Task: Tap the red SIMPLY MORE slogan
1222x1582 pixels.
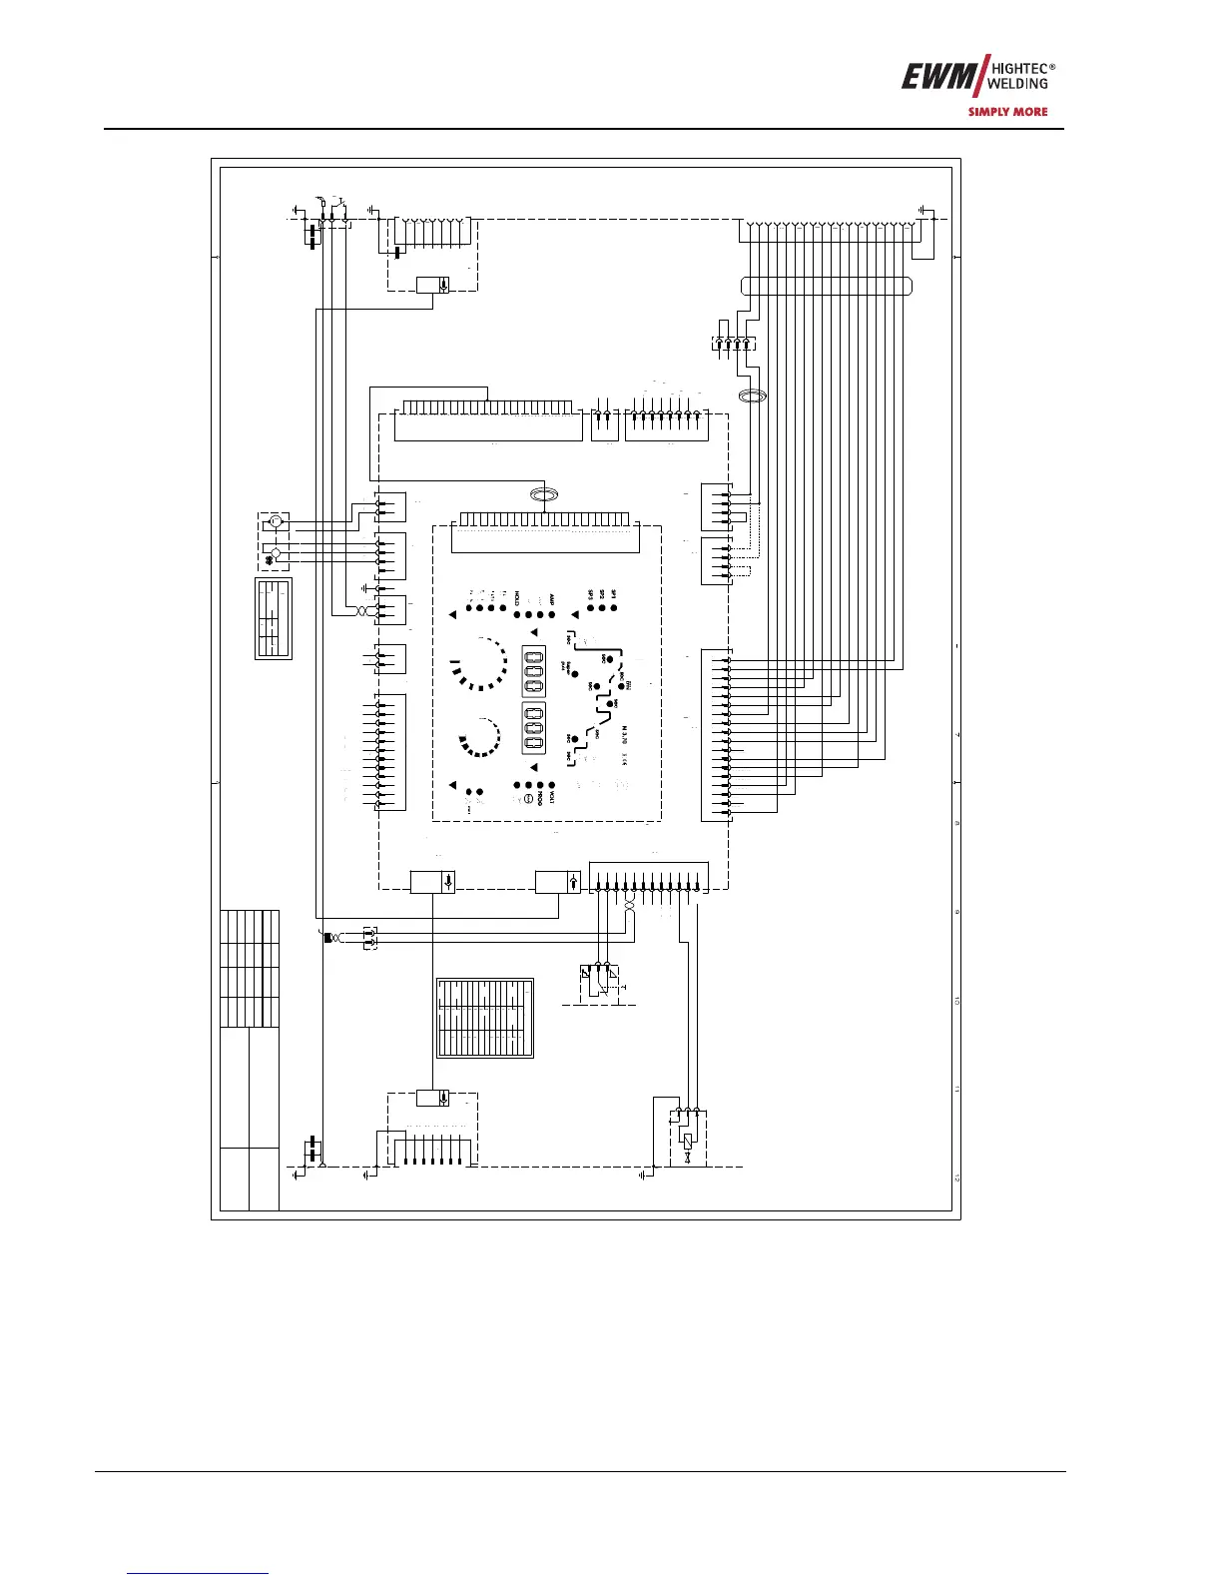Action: (1007, 112)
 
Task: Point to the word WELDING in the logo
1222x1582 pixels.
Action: (1017, 84)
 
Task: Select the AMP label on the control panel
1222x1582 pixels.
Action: (551, 598)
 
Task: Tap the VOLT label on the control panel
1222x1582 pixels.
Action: (551, 798)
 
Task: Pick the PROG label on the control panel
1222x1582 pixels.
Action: (539, 798)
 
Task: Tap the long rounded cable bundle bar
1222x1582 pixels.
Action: (827, 286)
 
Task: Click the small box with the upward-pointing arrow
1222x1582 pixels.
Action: (557, 882)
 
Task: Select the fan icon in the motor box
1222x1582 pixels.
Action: (277, 521)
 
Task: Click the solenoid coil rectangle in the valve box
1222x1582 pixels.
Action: (688, 1140)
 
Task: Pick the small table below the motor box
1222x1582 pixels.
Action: (273, 617)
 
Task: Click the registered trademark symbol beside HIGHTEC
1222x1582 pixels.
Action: (1052, 67)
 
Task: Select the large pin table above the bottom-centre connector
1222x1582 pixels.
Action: (485, 1017)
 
